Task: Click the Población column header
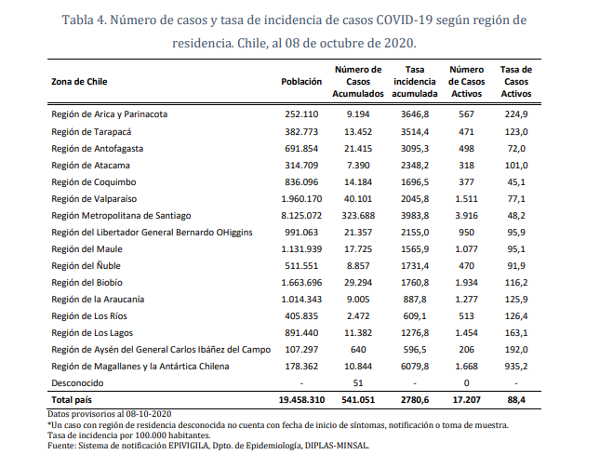click(x=301, y=82)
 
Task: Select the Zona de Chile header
click(x=79, y=82)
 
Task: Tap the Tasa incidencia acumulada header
click(x=415, y=82)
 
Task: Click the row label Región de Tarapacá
click(x=91, y=132)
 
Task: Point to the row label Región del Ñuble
click(x=86, y=266)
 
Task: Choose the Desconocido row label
click(x=77, y=383)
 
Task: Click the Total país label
click(x=72, y=400)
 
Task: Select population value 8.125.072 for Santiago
click(x=301, y=216)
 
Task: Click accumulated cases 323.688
click(x=358, y=216)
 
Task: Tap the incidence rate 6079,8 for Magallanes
click(x=415, y=367)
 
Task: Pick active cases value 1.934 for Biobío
click(x=466, y=283)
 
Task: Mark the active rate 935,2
click(x=516, y=367)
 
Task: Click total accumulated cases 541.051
click(x=358, y=400)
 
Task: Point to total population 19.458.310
click(x=301, y=400)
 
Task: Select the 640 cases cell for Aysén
click(x=358, y=350)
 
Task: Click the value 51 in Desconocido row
click(x=358, y=383)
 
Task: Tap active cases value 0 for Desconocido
click(x=466, y=383)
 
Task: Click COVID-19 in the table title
click(x=405, y=20)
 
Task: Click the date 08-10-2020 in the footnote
click(x=149, y=414)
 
